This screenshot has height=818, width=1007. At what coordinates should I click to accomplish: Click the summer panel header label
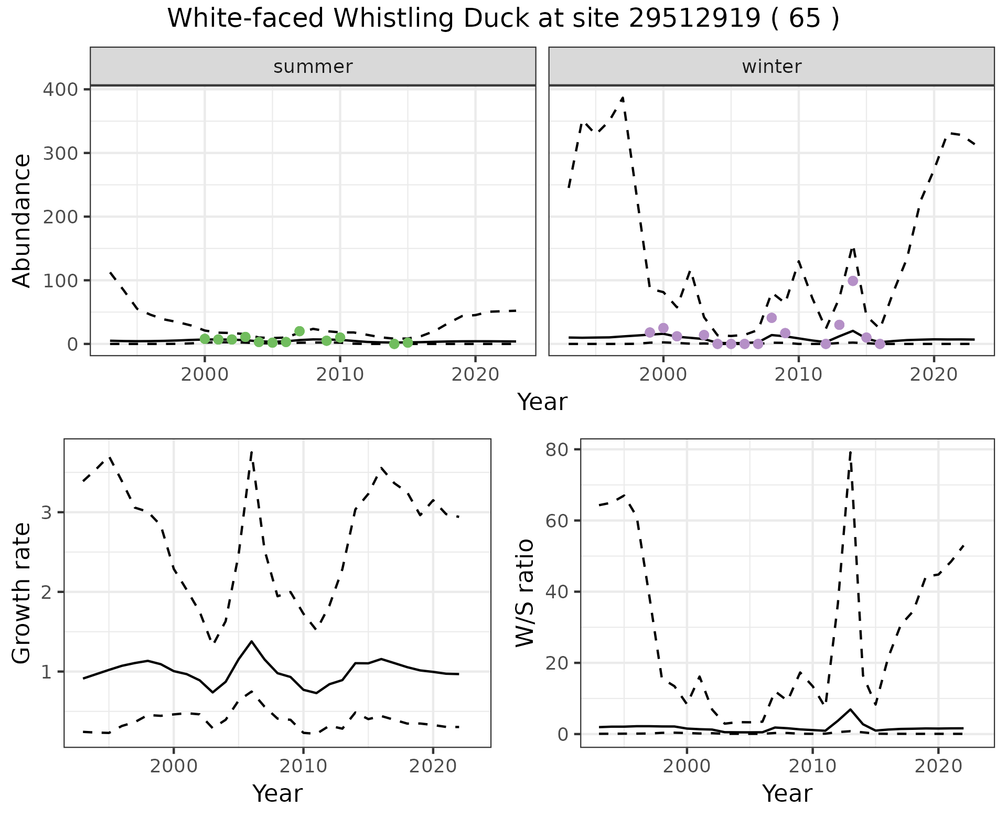click(x=313, y=67)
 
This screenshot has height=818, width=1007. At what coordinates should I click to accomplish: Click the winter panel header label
click(x=772, y=67)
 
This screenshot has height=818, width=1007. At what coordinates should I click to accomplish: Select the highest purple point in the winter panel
click(x=853, y=281)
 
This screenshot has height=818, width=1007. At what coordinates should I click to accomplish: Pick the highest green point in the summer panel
click(x=299, y=331)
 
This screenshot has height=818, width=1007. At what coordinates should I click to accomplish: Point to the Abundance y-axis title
click(x=22, y=221)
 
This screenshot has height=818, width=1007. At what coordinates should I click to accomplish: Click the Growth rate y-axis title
click(x=22, y=593)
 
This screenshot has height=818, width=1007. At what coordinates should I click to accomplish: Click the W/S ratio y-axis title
click(x=525, y=593)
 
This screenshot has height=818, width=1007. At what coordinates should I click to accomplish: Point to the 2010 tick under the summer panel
click(x=340, y=374)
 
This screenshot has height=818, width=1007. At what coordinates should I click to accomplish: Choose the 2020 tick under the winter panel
click(x=934, y=374)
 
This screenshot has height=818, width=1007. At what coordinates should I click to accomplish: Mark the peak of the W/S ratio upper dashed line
click(x=850, y=450)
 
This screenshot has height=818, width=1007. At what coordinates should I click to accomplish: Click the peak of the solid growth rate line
click(x=252, y=641)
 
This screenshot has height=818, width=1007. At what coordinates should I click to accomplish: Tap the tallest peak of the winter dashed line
click(x=623, y=97)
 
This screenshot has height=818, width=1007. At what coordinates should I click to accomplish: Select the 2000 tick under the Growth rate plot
click(x=174, y=766)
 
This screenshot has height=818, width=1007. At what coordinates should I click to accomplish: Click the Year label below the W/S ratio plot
click(x=787, y=793)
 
